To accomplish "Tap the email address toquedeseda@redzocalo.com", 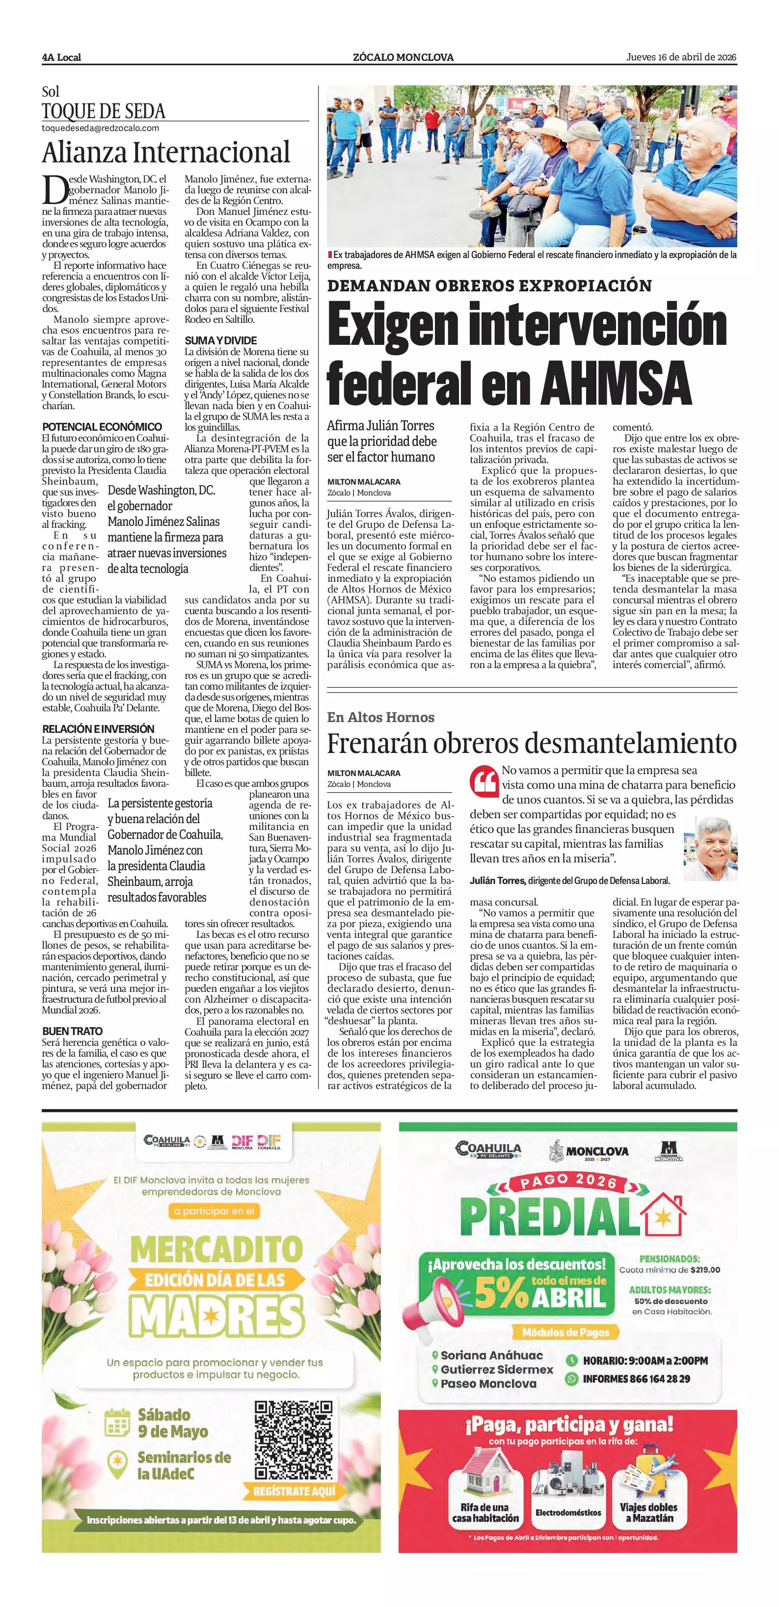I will [101, 129].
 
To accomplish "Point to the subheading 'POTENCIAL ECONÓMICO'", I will [102, 427].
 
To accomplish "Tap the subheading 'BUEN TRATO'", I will [73, 1031].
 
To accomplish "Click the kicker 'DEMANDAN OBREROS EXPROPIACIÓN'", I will [489, 285].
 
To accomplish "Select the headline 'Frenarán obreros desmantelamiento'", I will [532, 743].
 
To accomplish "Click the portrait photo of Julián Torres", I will [710, 849].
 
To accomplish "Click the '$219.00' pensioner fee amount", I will [705, 1270].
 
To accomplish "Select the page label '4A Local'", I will [61, 57].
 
